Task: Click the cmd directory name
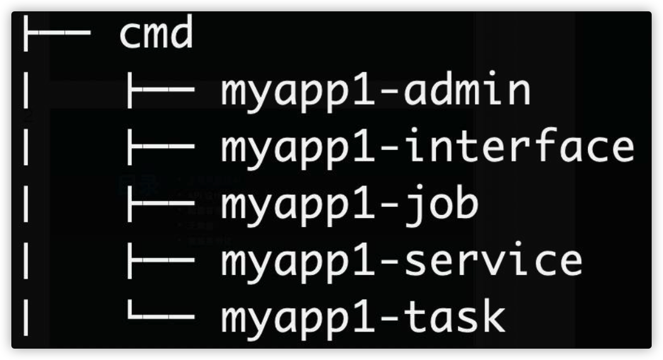click(156, 33)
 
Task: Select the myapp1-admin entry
click(376, 91)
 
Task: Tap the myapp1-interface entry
click(427, 148)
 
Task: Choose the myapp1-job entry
click(350, 206)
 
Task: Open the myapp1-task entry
click(363, 319)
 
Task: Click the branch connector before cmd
click(57, 33)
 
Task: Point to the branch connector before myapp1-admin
click(161, 90)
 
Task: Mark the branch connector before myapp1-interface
click(161, 147)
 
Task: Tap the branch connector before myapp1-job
click(161, 204)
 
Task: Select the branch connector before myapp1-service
click(161, 260)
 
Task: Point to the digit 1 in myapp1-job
click(364, 204)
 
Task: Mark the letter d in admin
click(442, 90)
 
